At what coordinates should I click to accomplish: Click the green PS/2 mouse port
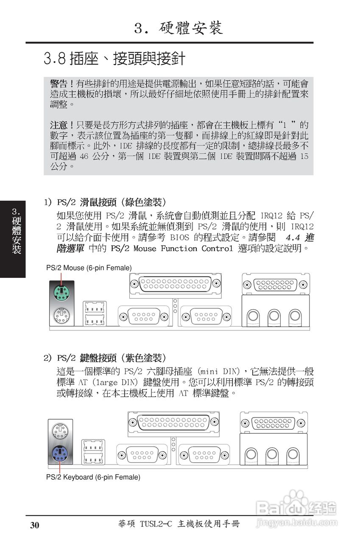[x=62, y=292]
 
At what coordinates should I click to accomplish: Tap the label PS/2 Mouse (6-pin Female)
[x=89, y=268]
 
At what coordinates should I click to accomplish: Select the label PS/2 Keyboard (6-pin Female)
[x=93, y=477]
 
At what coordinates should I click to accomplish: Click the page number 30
[x=34, y=525]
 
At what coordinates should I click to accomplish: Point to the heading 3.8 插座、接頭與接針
[x=114, y=59]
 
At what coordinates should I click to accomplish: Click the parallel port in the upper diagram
[x=175, y=283]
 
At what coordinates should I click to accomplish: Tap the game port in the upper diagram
[x=276, y=284]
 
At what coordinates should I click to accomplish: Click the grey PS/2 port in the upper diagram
[x=62, y=315]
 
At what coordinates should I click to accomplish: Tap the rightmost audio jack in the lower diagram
[x=292, y=454]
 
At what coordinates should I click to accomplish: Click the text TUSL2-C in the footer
[x=155, y=524]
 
